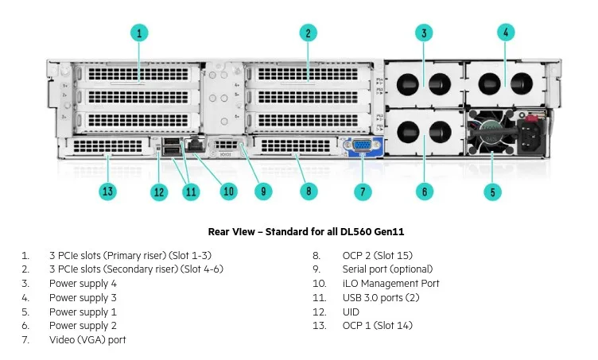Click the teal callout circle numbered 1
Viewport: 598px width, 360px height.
click(x=139, y=33)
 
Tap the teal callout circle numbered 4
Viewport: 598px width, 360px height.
click(x=505, y=33)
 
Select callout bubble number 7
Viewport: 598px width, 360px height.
click(x=363, y=192)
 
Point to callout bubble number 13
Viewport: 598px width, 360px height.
click(x=108, y=192)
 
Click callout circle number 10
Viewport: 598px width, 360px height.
click(x=229, y=192)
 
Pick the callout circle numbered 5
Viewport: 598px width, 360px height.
click(x=493, y=192)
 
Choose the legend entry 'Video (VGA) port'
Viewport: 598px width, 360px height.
click(x=87, y=340)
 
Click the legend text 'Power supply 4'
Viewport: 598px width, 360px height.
click(x=83, y=284)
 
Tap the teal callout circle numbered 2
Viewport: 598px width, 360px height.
click(x=308, y=33)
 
